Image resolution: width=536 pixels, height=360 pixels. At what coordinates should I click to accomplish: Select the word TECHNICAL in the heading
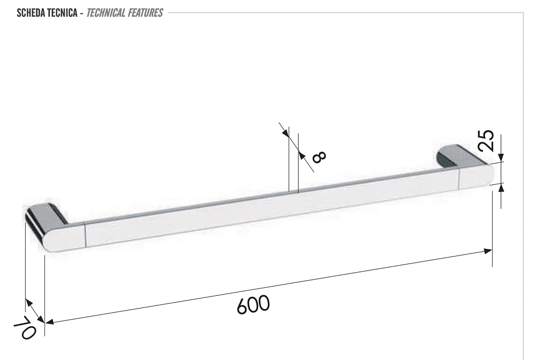coord(106,13)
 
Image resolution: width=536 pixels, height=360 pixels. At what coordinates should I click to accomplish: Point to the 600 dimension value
coord(254,305)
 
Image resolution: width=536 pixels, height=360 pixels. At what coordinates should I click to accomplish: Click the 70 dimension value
coord(25,327)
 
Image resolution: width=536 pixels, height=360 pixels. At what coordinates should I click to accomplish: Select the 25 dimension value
coord(487,140)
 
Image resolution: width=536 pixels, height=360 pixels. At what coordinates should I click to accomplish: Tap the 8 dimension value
coord(319,157)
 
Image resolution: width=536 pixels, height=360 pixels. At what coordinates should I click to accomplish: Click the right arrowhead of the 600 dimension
coord(488,251)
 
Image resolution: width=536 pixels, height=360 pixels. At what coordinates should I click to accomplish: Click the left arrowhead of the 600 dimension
coord(49,321)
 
